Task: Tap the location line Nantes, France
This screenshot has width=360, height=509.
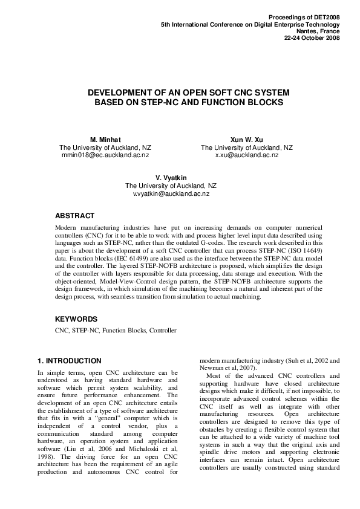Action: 318,31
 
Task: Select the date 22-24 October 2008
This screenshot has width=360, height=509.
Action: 312,37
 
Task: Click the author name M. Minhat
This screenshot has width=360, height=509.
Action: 105,140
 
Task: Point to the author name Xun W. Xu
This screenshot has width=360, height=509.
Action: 247,140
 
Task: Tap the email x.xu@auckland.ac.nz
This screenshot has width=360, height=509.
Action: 247,155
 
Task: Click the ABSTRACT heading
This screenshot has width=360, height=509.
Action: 74,216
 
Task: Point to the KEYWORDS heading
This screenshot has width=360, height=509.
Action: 76,319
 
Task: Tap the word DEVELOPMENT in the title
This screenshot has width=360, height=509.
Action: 120,92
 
